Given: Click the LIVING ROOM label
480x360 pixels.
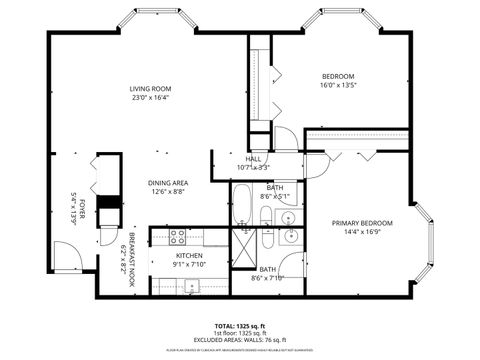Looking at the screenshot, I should click(x=150, y=89).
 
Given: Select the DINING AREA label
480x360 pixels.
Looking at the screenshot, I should click(x=169, y=182).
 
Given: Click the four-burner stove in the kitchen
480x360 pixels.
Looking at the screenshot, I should click(x=177, y=238).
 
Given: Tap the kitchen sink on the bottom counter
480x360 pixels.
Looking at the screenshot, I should click(x=191, y=287).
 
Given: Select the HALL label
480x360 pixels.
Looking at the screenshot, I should click(x=254, y=159).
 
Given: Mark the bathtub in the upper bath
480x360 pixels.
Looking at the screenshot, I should click(x=244, y=204).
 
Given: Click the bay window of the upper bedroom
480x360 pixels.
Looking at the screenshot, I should click(x=341, y=21).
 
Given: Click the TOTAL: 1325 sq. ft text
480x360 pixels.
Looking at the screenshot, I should click(x=240, y=327).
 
